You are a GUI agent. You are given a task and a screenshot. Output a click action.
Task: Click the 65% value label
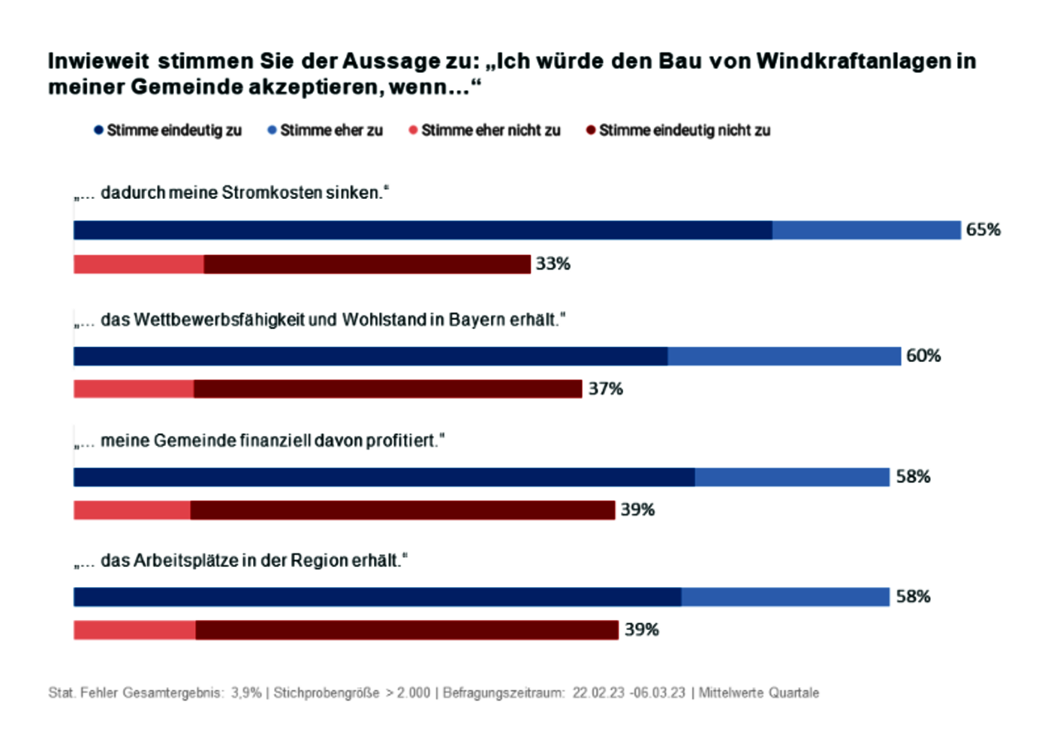983,230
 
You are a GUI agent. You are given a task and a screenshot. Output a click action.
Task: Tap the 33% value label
553,264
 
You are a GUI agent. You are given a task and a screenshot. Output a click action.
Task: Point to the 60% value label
923,356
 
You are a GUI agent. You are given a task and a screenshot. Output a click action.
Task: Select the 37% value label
605,389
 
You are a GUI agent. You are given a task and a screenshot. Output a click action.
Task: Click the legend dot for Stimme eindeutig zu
98,130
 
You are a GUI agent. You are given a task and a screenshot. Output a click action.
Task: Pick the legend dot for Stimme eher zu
272,130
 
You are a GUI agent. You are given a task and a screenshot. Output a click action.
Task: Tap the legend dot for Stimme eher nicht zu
413,130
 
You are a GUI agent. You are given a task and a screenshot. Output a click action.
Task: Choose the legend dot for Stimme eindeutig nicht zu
591,130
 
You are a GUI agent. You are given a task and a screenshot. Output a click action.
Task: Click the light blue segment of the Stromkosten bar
866,230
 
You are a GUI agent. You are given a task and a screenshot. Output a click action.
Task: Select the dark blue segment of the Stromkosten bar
423,230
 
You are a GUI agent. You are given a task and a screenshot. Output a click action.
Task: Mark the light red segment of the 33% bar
138,264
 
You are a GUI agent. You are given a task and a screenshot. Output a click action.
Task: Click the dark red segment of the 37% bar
387,389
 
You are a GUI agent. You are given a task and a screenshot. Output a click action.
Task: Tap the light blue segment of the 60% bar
784,356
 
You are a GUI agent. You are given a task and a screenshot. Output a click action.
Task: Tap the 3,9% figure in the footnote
246,693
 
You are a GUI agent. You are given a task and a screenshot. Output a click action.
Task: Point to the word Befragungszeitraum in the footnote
503,693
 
